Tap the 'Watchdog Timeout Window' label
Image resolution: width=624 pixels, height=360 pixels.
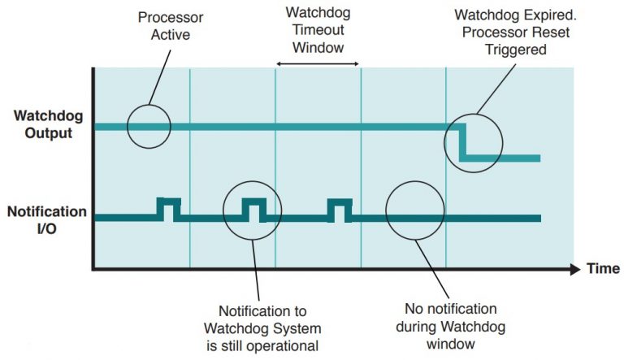pos(318,30)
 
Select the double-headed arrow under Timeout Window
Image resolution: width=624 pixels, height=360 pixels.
pos(318,63)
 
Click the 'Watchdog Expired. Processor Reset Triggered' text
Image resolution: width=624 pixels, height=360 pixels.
pos(512,32)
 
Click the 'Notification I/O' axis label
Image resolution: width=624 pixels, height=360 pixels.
pos(47,219)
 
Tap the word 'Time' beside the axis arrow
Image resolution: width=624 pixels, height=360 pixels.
pos(603,268)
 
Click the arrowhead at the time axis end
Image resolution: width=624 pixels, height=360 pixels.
pos(574,268)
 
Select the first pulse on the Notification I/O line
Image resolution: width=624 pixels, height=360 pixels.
pos(169,209)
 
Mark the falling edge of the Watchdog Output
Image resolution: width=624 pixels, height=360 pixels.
pos(462,142)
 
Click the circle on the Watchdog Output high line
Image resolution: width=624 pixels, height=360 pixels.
pos(149,126)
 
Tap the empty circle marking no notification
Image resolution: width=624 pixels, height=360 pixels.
pos(414,210)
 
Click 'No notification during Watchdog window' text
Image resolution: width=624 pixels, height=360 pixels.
pos(450,326)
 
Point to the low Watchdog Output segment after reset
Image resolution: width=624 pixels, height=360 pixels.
pos(504,158)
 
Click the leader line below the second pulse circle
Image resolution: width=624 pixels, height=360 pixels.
pos(258,268)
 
